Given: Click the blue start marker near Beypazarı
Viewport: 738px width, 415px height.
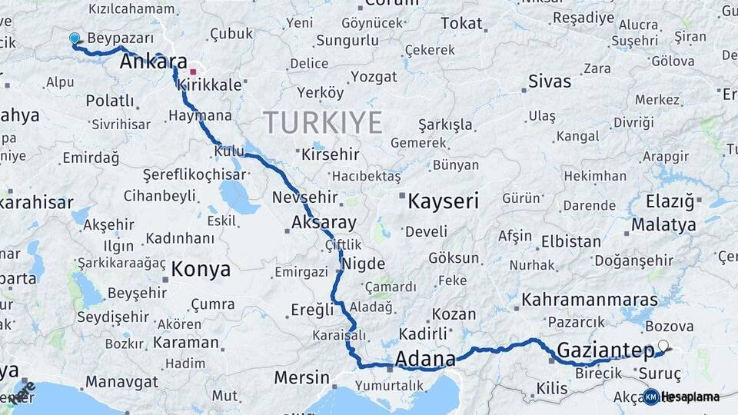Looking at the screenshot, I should pos(75,38).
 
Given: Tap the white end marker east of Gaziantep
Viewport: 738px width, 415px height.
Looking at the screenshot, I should pos(663,347).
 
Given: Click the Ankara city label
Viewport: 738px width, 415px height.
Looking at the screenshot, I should pos(154,62).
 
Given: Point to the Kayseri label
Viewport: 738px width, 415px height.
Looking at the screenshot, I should pos(443,202).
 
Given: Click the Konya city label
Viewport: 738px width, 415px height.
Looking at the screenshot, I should pos(200,269).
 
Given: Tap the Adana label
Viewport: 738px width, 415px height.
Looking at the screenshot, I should pos(424,359).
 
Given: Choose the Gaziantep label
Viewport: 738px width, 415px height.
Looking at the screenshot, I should pos(604,350).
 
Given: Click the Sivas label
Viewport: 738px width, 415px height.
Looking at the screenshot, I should pos(550,81).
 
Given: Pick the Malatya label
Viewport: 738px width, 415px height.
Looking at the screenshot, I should pos(663,225).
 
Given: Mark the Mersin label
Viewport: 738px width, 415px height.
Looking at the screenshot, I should pos(301,379).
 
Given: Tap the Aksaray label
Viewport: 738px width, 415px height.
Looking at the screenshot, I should pos(324,223).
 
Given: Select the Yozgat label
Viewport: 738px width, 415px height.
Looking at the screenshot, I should pos(374,77).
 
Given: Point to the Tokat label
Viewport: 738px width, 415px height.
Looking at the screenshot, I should pos(461,24).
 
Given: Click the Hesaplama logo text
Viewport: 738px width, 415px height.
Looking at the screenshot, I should pos(690,397).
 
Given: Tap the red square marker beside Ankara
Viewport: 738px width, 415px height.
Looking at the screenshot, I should pos(193,71).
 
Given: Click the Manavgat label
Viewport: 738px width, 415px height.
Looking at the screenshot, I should pos(121,382).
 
